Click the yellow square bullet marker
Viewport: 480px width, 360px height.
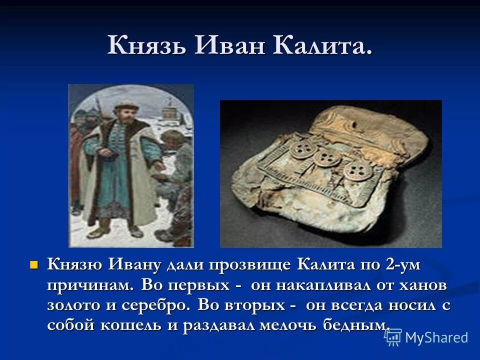pos(34,263)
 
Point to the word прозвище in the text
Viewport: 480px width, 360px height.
pos(253,265)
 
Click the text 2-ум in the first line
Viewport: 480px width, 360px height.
pos(401,265)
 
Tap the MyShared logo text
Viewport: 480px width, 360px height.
pos(436,337)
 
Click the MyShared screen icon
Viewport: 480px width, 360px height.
pos(393,337)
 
